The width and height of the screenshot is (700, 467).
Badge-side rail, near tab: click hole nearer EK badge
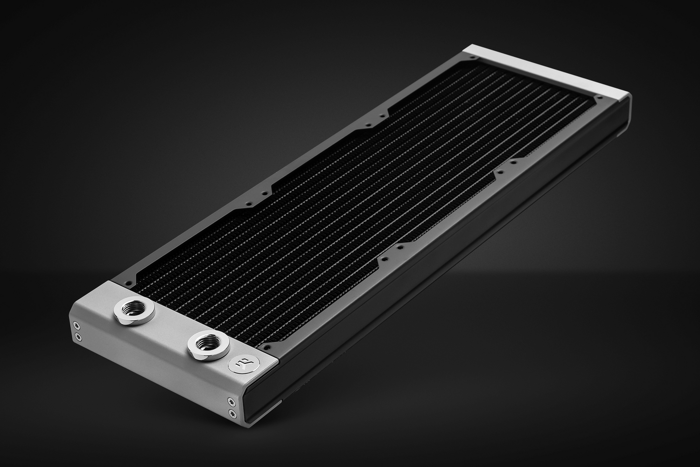pos(383,257)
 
